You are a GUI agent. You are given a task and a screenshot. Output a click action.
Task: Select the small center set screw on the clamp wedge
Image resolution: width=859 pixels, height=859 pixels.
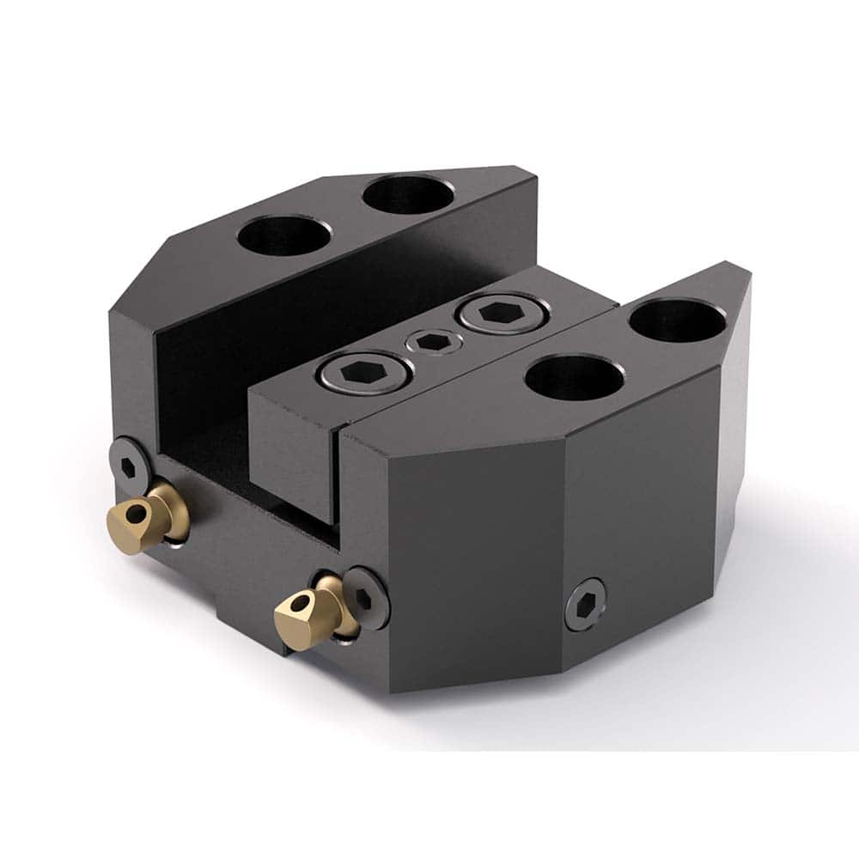coord(434,342)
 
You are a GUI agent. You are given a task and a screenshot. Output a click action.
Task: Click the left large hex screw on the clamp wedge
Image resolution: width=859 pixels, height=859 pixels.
coord(363,370)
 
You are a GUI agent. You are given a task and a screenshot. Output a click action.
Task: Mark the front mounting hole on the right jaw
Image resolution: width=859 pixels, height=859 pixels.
coord(575,377)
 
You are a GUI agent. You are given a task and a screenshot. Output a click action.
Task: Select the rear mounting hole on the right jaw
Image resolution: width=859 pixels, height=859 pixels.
coord(677,320)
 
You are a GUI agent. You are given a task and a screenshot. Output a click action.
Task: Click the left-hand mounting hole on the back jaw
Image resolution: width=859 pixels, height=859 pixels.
coord(283,236)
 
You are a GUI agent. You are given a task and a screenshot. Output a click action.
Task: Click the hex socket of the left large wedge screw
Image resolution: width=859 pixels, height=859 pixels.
coord(363,370)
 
